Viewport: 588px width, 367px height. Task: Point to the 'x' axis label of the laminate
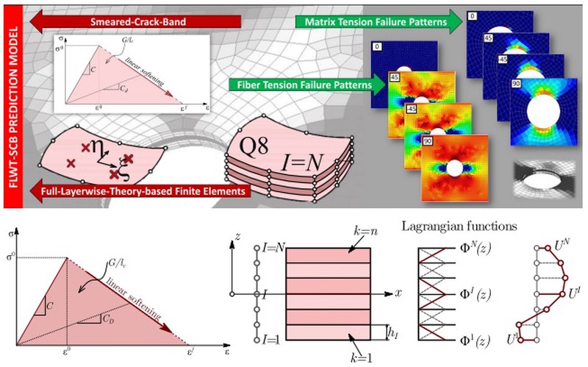click(x=398, y=293)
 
